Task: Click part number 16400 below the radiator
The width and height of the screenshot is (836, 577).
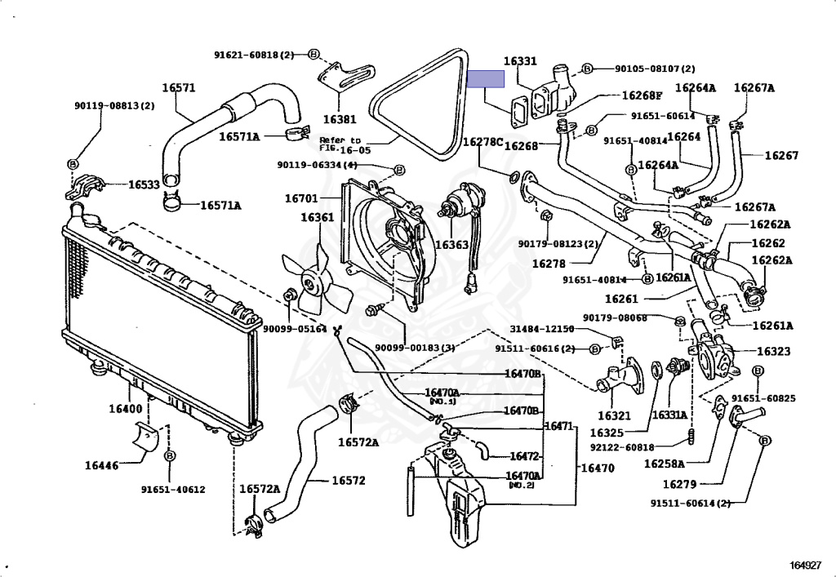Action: (x=126, y=409)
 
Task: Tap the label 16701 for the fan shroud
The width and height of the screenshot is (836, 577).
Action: (x=301, y=198)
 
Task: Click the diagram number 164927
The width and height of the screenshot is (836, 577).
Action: (x=806, y=566)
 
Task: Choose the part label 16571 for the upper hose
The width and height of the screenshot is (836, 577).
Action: (x=178, y=88)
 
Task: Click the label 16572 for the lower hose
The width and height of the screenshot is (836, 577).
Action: (x=348, y=480)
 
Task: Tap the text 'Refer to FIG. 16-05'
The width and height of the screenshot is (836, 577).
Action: (x=340, y=144)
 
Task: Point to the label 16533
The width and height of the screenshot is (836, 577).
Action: (x=144, y=184)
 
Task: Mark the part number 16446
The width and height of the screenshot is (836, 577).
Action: (x=102, y=465)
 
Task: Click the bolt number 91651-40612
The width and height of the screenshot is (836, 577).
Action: (x=173, y=490)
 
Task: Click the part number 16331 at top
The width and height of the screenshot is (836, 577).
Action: (x=519, y=61)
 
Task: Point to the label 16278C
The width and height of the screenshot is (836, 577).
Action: (x=483, y=142)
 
